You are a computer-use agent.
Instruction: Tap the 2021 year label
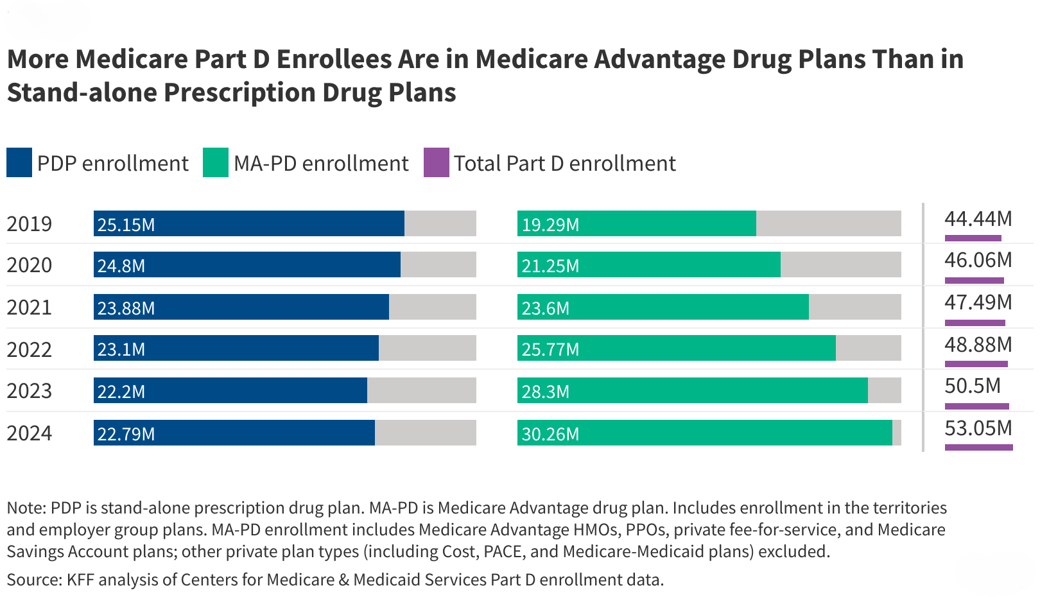pos(29,307)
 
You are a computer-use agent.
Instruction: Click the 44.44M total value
pos(978,219)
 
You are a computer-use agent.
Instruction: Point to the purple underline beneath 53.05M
pos(978,447)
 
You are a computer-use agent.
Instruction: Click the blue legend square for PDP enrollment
pos(19,162)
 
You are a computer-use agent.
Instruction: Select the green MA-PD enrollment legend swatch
pos(216,162)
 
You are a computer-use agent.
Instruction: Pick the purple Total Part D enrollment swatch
pos(437,162)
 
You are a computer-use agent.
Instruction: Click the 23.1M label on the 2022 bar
pos(121,349)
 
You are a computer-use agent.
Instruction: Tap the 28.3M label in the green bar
pos(545,392)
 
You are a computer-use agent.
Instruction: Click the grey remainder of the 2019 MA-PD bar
pos(828,223)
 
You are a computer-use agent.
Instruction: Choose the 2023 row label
pos(29,391)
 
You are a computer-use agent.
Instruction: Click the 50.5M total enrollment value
pos(973,386)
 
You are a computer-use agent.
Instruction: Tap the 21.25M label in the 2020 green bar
pos(550,266)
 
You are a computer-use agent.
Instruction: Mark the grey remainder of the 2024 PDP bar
pos(425,433)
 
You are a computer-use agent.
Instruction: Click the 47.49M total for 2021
pos(978,302)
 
